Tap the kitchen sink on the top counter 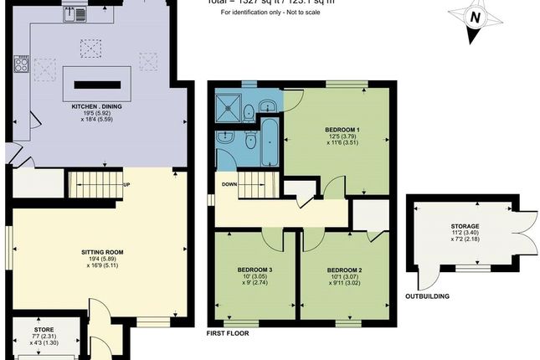(x=79, y=13)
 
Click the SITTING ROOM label (x=102, y=250)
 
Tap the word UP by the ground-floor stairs (x=126, y=186)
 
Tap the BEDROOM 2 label (x=343, y=270)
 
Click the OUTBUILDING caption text (x=428, y=296)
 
